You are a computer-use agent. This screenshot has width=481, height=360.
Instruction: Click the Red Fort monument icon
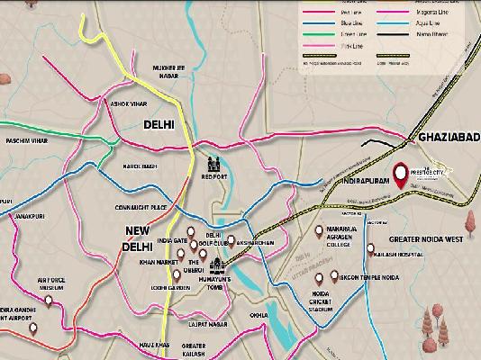pos(214,166)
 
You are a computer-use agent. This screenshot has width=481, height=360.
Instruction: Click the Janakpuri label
pos(29,216)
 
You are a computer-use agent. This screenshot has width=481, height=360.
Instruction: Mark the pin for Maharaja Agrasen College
pos(319,229)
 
